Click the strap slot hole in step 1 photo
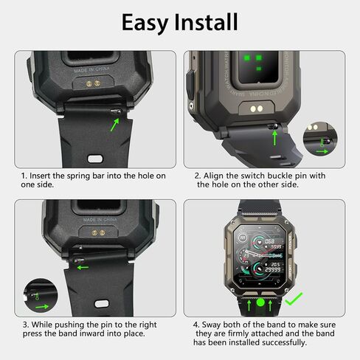[94, 157]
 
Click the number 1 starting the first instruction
[24, 176]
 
